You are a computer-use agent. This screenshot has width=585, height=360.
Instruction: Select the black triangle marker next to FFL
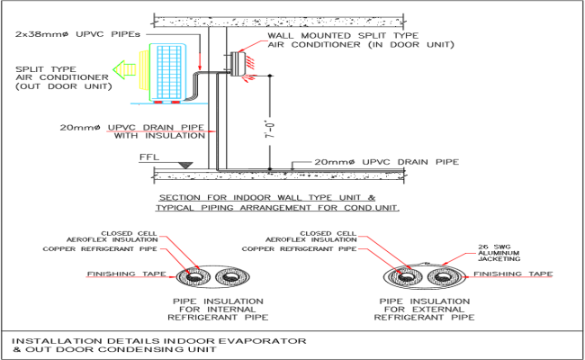pyautogui.click(x=184, y=164)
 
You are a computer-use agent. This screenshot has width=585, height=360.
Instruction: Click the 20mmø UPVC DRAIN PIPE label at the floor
pyautogui.click(x=386, y=162)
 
